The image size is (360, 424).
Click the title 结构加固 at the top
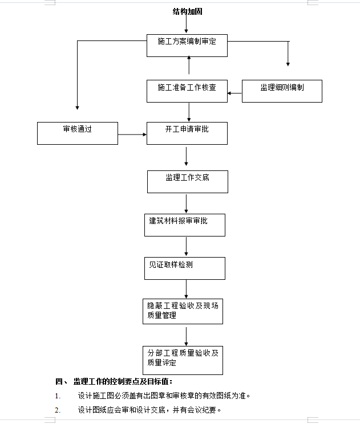(187, 11)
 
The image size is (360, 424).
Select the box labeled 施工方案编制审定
(187, 46)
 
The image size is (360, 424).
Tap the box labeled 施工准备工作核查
(187, 91)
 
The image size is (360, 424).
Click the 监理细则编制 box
(282, 91)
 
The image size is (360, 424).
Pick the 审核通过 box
(78, 133)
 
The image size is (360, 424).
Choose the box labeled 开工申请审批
(187, 133)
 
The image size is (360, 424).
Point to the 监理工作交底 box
(188, 182)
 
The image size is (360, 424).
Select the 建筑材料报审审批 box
(185, 225)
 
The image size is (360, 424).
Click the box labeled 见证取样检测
(185, 268)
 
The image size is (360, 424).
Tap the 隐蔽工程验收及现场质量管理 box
(183, 311)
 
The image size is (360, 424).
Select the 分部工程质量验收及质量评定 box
(183, 360)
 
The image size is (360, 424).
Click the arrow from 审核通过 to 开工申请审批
(132, 134)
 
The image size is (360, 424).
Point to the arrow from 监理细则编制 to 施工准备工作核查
(234, 93)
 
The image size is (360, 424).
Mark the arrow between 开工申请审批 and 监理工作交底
(186, 156)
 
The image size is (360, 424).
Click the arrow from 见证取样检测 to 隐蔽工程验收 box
(186, 289)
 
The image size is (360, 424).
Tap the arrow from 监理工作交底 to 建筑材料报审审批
(186, 203)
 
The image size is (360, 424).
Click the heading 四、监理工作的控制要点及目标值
(114, 382)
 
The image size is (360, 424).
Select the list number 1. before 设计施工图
(58, 396)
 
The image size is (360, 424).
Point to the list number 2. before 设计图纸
(58, 410)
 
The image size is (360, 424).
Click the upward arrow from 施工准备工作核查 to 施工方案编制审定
(189, 65)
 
